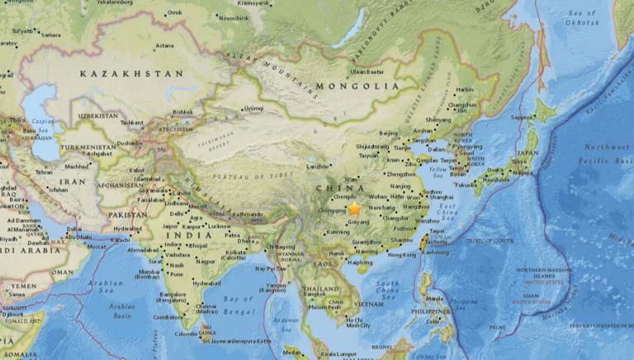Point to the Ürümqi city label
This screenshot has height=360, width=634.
[x=253, y=108]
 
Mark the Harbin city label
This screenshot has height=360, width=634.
[x=466, y=89]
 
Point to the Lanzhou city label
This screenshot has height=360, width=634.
[x=318, y=166]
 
